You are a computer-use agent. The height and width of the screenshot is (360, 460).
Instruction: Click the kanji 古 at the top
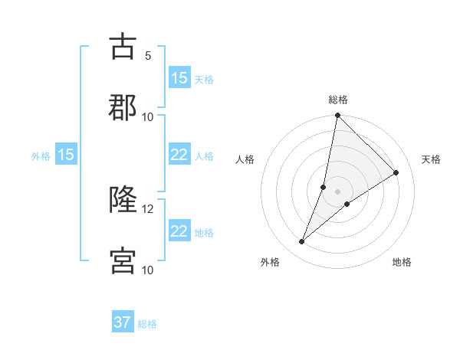coord(122,47)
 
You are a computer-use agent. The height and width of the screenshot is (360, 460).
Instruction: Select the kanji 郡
coord(122,108)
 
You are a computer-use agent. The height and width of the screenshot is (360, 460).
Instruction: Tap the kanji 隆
coord(122,200)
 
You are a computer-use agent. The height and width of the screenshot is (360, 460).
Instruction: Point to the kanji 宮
coord(122,261)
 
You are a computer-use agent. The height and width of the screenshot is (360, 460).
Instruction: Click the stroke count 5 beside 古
coord(148,55)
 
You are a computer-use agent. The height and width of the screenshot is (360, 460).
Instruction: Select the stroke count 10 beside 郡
coord(148,116)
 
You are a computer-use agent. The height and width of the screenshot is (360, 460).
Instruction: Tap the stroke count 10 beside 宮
coord(148,270)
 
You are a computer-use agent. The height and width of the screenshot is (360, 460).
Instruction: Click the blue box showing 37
coord(123,323)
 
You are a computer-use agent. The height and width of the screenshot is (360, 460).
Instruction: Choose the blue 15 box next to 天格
coord(179,78)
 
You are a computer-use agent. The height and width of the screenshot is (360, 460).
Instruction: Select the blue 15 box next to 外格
coord(66,155)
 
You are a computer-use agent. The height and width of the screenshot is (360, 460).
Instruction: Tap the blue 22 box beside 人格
coord(179,155)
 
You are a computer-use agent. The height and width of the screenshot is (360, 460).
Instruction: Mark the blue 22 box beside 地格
coord(179,232)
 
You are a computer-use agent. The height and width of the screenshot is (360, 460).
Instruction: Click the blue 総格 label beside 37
coord(147,324)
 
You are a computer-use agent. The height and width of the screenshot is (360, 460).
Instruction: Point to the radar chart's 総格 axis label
coord(338,100)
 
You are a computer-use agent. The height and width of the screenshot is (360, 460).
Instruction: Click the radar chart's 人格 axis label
coord(245,159)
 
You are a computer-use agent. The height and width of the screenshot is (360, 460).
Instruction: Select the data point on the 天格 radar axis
coord(396,173)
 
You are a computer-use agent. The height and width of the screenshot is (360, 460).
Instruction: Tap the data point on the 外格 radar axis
coord(302,242)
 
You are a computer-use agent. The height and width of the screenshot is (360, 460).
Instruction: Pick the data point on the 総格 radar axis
coord(338,116)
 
